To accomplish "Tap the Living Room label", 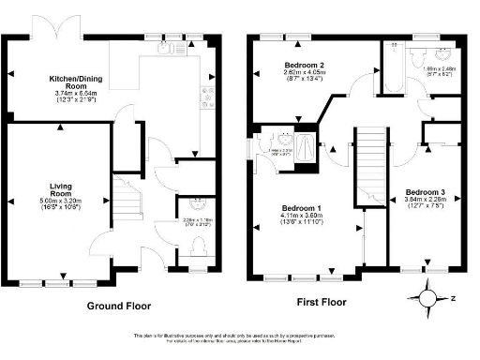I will (x=60, y=190).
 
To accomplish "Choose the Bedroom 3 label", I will (x=424, y=192).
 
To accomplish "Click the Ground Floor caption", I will (x=118, y=306).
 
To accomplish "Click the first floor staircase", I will (x=373, y=164).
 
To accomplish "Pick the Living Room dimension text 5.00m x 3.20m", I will (x=60, y=202).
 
